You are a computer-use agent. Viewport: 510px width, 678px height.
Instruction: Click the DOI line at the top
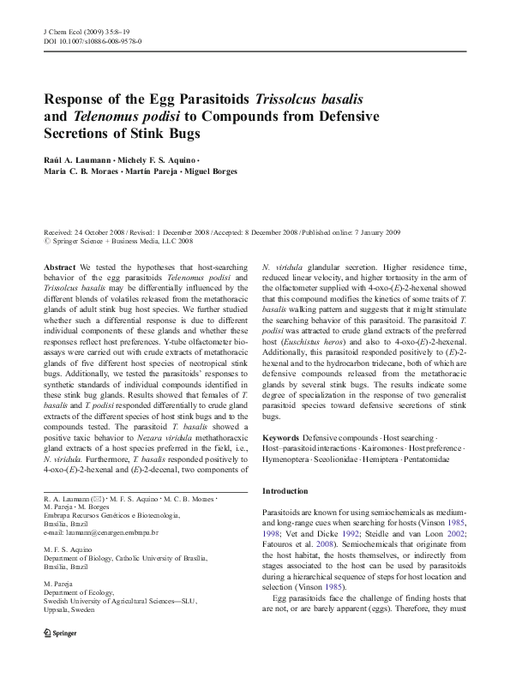93,41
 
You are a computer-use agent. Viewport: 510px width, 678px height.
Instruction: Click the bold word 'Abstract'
60,268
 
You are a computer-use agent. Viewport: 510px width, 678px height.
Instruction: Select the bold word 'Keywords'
280,438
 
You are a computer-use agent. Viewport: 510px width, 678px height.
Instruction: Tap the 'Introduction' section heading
285,491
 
